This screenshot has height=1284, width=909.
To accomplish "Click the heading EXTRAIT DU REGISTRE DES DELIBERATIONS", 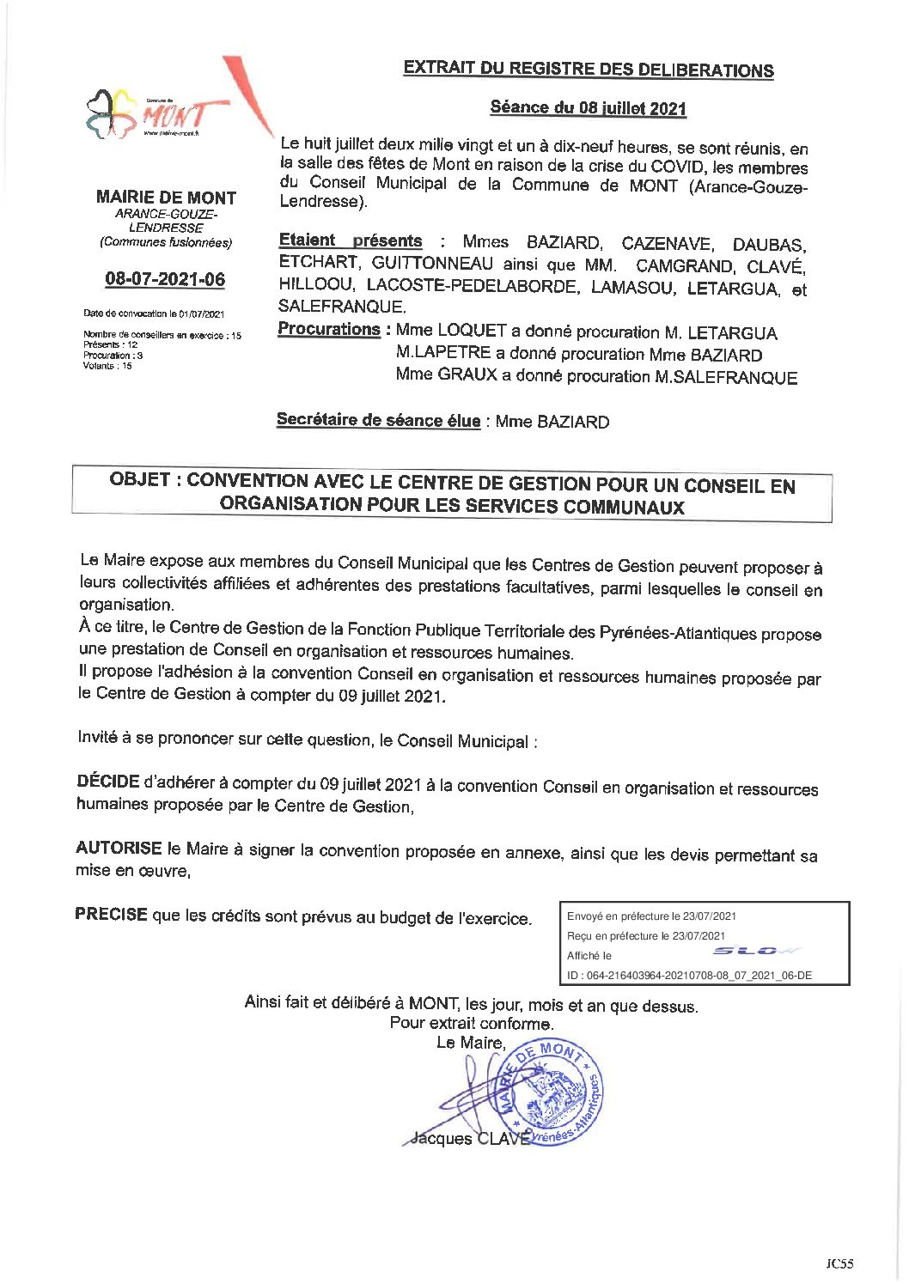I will pyautogui.click(x=589, y=69).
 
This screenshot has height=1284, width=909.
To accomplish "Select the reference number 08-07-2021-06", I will pyautogui.click(x=165, y=279).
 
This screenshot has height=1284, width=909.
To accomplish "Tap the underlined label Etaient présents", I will pyautogui.click(x=351, y=241).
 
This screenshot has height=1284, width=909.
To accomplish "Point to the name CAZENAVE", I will pyautogui.click(x=667, y=244).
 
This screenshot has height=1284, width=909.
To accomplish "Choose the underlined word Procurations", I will pyautogui.click(x=329, y=330).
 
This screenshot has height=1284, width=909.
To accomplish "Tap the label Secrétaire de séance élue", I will pyautogui.click(x=378, y=420).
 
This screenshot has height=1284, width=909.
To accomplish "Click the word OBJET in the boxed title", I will pyautogui.click(x=140, y=480).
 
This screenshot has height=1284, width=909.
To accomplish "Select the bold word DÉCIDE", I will pyautogui.click(x=108, y=782).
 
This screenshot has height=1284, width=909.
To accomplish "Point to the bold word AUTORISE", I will pyautogui.click(x=119, y=848).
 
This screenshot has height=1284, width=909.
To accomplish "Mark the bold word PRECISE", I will pyautogui.click(x=111, y=914).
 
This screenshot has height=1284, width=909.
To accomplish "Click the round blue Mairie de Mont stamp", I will pyautogui.click(x=550, y=1092).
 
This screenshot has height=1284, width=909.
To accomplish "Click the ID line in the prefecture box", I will pyautogui.click(x=689, y=976).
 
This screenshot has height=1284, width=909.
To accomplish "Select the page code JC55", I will pyautogui.click(x=839, y=1263).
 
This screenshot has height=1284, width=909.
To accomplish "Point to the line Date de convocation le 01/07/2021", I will pyautogui.click(x=154, y=313).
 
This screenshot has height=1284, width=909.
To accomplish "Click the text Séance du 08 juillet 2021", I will pyautogui.click(x=589, y=108).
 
